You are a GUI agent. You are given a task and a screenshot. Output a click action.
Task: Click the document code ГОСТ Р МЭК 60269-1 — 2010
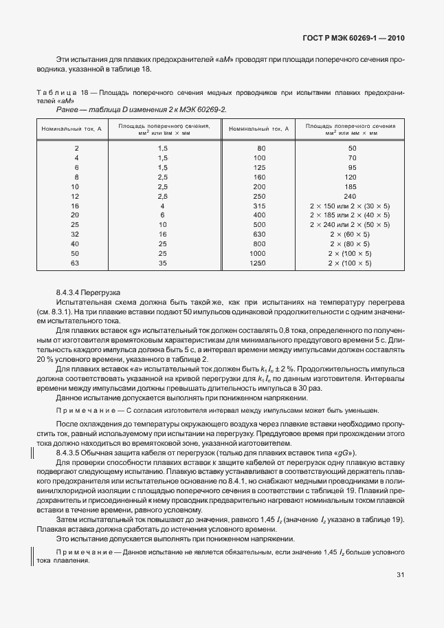coord(353,39)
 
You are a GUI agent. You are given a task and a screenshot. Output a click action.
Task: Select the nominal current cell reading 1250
coord(258,263)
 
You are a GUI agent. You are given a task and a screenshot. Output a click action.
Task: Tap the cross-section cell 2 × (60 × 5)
coord(350,234)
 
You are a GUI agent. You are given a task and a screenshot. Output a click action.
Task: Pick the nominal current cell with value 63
coord(76,263)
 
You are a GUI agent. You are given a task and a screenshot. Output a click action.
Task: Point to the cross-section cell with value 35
coord(163,263)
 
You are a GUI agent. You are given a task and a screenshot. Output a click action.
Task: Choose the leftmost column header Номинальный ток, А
coord(71,129)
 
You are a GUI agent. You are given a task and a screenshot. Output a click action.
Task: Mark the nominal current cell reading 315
coord(258,206)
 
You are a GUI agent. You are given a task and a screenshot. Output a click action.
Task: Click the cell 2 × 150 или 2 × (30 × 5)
coord(350,206)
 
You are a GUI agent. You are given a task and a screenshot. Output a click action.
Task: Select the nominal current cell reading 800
coord(258,243)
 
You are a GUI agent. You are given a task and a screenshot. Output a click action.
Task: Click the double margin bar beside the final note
coord(31,556)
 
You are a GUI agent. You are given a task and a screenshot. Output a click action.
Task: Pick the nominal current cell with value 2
coord(76,149)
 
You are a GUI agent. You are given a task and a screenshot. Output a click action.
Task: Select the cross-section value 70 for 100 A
coord(352,158)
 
